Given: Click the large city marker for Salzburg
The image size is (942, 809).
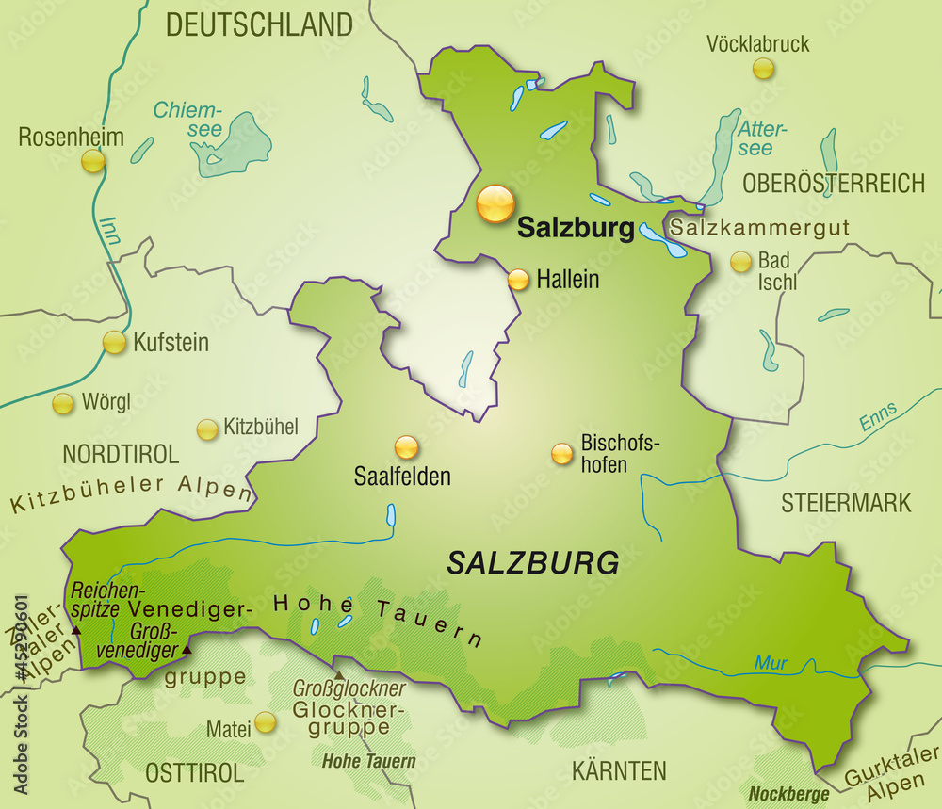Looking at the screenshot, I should coord(495,203).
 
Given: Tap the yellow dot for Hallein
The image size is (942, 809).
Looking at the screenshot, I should coord(518,280).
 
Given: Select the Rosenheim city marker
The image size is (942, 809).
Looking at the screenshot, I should coord(92,161).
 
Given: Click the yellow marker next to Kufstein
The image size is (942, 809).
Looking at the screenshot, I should coord(114,343).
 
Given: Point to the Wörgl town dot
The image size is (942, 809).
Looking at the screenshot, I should coord(63,404).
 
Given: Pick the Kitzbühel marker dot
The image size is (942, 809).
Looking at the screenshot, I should coord(206,429).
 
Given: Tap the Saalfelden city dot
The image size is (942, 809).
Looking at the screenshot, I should coord(406,446).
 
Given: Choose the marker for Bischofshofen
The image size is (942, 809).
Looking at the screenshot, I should coord(561,454).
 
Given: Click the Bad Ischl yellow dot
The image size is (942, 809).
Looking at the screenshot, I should coord(741,262).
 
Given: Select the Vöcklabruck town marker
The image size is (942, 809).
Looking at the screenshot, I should coord(763,68).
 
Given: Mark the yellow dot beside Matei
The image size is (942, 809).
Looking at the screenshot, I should coord(266,722).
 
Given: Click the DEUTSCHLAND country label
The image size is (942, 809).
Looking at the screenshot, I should coord(259,24).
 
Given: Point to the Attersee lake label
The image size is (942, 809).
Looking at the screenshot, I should coord(762,138).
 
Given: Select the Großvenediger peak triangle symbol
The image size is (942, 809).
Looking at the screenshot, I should coord(187,650).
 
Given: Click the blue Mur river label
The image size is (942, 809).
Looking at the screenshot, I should coord(771,664).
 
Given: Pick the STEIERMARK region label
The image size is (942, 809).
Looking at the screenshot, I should coord(846,503).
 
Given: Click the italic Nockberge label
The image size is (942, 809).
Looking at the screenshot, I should coord(788,794).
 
